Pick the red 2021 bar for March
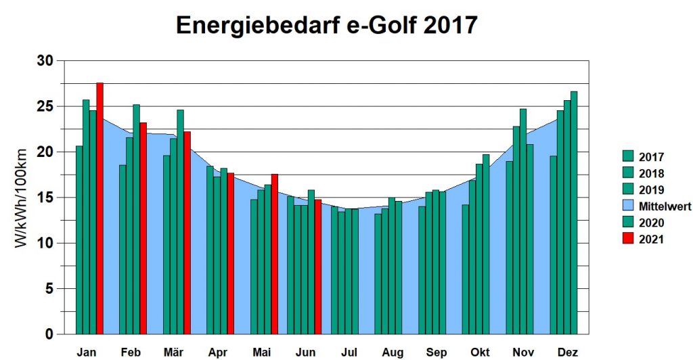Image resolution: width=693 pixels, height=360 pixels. (187, 233)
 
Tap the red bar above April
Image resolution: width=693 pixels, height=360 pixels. (231, 253)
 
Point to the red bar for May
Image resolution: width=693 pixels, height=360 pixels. (275, 254)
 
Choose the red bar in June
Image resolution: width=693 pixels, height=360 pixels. (318, 267)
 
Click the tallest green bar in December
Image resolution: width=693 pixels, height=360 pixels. (574, 212)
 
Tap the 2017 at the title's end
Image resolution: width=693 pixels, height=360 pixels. (448, 26)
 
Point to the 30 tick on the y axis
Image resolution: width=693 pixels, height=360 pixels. (45, 61)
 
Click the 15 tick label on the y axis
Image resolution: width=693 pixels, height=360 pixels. (45, 198)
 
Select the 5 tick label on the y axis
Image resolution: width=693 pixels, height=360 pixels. (49, 289)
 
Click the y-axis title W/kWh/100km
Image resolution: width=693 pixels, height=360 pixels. (22, 198)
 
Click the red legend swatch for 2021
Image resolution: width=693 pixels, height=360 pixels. (628, 239)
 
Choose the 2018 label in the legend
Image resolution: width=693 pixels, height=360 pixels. (651, 174)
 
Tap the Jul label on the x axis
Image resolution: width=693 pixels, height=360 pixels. (349, 352)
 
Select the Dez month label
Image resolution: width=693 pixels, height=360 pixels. (568, 352)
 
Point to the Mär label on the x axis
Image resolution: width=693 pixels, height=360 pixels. (175, 352)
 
